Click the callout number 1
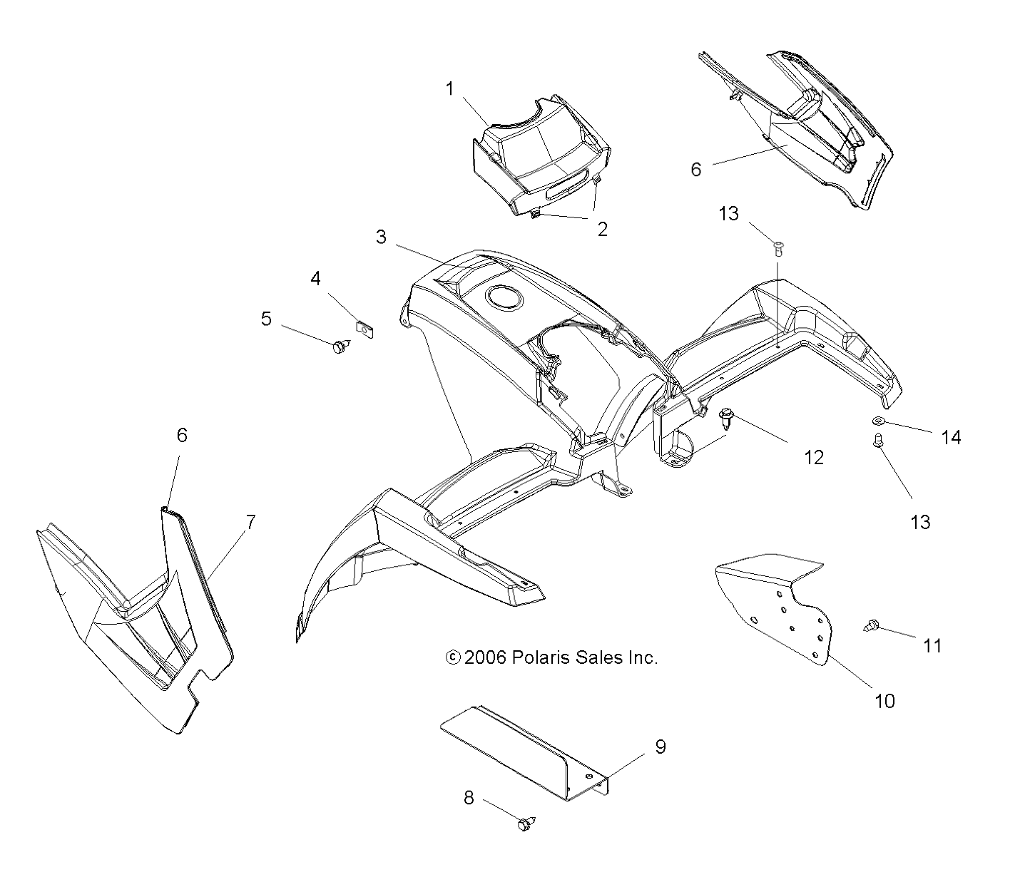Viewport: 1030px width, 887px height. coord(449,88)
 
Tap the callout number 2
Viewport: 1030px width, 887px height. coord(603,229)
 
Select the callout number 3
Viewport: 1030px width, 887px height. coord(382,237)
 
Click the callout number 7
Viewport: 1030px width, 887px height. coord(250,522)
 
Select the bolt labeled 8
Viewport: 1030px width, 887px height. coord(526,824)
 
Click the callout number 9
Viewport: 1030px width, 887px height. coord(661,747)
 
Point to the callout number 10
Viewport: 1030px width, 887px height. coord(884,701)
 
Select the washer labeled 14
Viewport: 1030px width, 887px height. coord(877,421)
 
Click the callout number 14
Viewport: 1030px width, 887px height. coord(951,437)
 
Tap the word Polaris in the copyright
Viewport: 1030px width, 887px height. coord(540,657)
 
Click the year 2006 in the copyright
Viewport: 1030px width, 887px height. coord(485,657)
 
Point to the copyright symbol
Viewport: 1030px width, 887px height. coord(452,657)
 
